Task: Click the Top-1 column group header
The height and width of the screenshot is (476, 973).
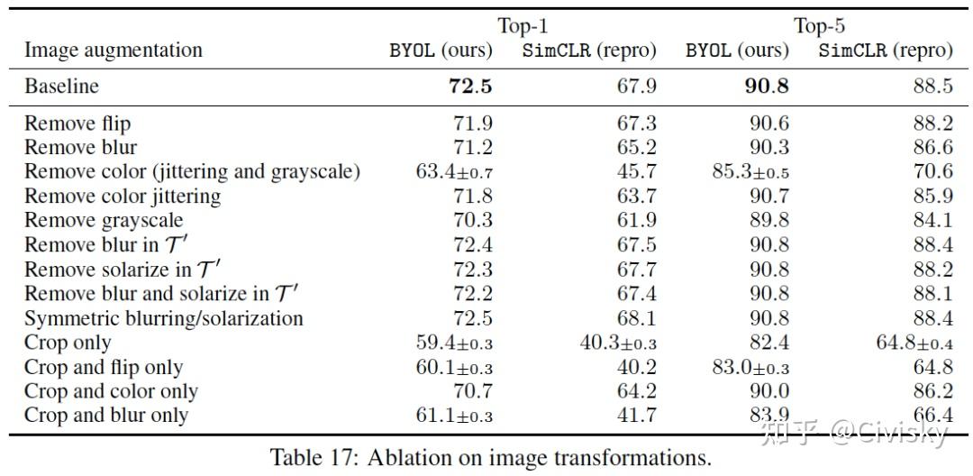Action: [523, 26]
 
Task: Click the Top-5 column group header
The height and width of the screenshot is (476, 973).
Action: [818, 26]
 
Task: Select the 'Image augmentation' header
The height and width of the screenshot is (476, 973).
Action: [114, 50]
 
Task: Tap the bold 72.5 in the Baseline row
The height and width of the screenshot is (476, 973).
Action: [470, 87]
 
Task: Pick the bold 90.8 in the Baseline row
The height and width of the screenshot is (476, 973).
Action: [767, 87]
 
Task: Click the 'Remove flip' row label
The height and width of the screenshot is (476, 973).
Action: [77, 124]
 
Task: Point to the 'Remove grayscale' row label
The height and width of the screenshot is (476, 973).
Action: [104, 220]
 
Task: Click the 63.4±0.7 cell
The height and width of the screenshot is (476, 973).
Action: [454, 171]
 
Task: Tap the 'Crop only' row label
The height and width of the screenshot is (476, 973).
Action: [68, 343]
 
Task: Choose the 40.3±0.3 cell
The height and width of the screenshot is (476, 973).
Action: [617, 343]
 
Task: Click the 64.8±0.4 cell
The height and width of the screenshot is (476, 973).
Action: [913, 343]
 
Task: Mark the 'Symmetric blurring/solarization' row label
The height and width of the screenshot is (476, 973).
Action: [163, 318]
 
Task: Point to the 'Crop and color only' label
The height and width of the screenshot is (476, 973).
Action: [111, 391]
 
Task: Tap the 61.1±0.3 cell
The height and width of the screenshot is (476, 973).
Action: [454, 416]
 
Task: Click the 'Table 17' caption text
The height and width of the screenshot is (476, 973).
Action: [491, 456]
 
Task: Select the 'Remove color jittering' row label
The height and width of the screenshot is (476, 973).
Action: [123, 196]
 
